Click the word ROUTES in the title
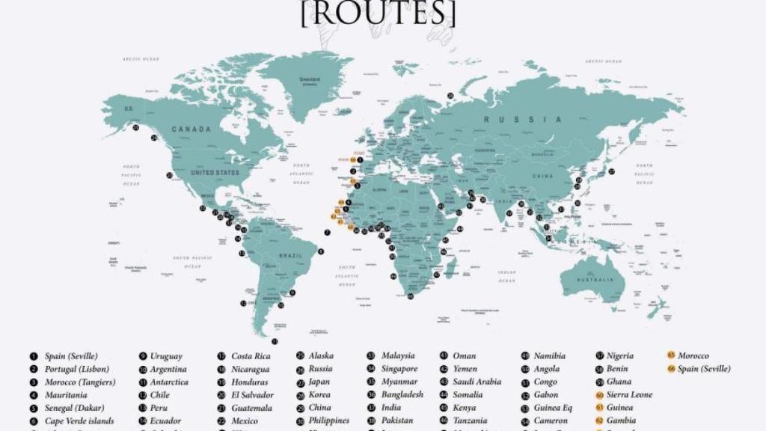(x=378, y=13)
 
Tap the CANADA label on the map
(x=191, y=129)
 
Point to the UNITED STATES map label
(x=215, y=173)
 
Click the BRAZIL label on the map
(x=289, y=256)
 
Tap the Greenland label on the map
(x=310, y=79)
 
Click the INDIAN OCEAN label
(x=507, y=276)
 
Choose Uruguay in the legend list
(x=165, y=356)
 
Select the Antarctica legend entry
(x=169, y=382)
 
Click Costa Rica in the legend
(x=251, y=356)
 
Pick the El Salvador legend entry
(x=252, y=394)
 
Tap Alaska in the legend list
(x=321, y=356)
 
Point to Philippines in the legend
(x=328, y=421)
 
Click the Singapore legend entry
(x=399, y=369)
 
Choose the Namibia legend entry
(x=549, y=356)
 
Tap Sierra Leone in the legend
(x=629, y=394)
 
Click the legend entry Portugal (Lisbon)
(x=76, y=369)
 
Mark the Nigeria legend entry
(x=619, y=356)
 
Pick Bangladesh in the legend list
(x=402, y=394)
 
